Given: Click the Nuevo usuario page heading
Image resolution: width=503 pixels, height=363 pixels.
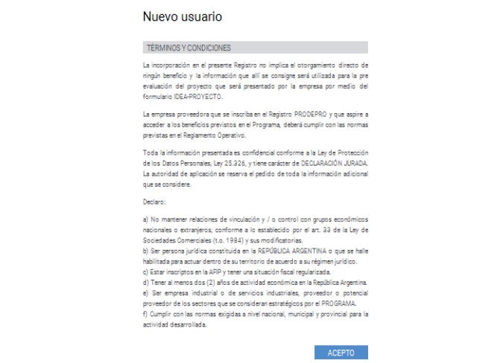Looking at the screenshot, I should click(182, 16).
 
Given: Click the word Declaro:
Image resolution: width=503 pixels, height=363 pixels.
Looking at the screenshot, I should click(154, 202).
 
